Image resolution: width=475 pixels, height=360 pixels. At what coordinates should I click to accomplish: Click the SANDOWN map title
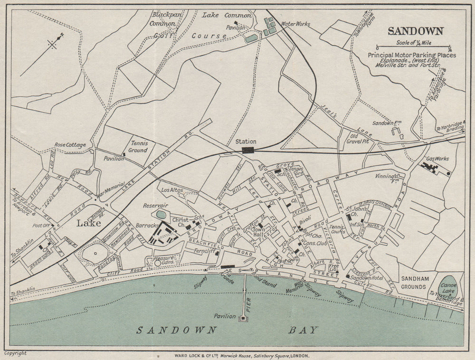point(416,31)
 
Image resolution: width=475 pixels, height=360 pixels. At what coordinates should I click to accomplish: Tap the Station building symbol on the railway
point(247,150)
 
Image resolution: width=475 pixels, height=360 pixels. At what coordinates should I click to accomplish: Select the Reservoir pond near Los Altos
point(161,215)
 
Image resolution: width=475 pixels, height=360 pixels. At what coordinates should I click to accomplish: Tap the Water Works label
point(295,23)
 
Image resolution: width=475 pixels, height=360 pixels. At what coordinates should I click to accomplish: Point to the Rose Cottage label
point(70,145)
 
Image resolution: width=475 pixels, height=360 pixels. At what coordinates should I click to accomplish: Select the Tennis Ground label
point(138,147)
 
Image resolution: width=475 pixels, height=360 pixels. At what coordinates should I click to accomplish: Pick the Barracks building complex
point(161,234)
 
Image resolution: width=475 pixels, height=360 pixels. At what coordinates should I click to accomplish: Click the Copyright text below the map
point(15,353)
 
